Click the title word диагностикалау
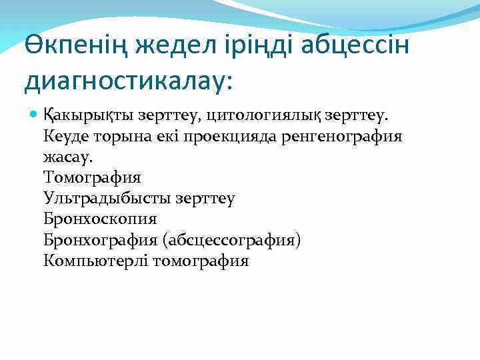point(127,81)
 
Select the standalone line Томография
point(92,178)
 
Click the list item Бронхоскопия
point(100,219)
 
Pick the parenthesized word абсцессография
point(234,240)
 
